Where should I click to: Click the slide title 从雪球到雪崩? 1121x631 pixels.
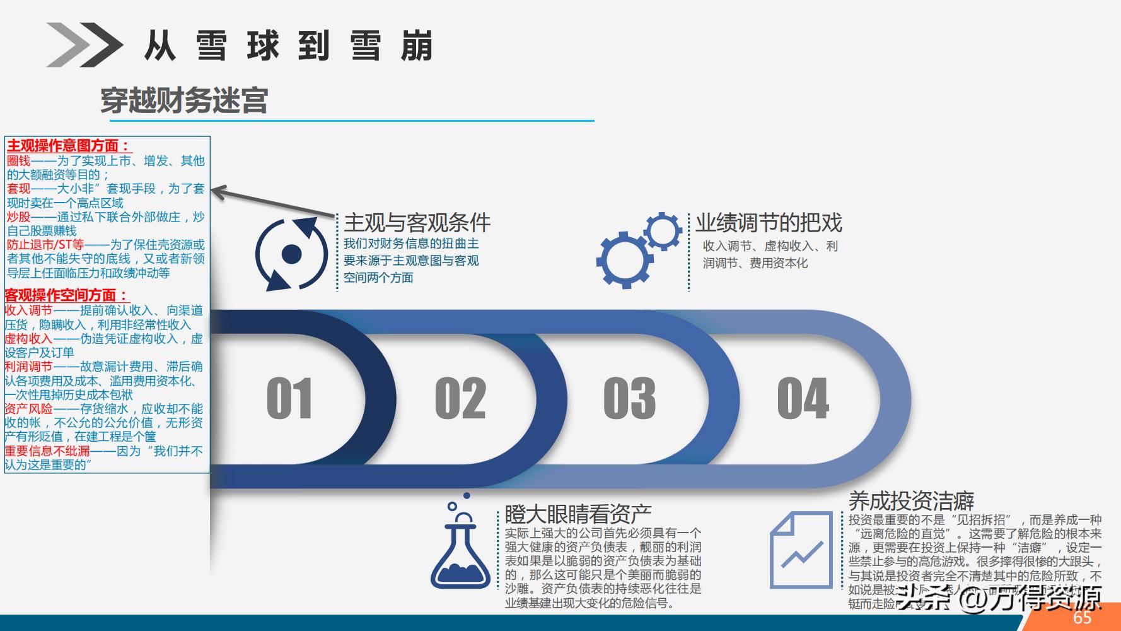coord(289,45)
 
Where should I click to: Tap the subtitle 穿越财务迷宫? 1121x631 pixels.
coord(184,100)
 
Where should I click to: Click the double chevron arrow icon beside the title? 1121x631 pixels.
coord(84,45)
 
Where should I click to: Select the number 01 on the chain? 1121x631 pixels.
coord(289,398)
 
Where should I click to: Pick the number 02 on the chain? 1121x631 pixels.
coord(460,398)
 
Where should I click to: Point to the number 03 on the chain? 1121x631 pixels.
coord(629,398)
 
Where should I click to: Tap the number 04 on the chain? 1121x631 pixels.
coord(803,398)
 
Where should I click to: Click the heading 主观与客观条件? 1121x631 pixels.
coord(417,223)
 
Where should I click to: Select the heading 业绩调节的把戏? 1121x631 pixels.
coord(769,223)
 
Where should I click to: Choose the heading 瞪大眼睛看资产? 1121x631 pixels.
coord(578,514)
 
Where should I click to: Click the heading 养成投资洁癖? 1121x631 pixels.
coord(911,501)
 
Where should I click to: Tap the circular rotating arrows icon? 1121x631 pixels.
coord(291,254)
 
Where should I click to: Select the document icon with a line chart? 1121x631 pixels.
coord(801,550)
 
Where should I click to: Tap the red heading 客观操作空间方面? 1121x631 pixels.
coord(66,295)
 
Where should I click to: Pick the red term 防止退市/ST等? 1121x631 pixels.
coord(45,244)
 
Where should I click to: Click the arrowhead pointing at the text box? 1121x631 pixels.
coord(218,190)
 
